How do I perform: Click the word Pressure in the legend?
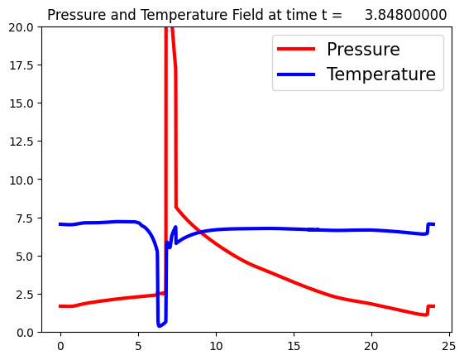pyautogui.click(x=363, y=50)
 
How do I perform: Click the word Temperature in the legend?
pyautogui.click(x=381, y=74)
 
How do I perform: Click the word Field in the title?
pyautogui.click(x=244, y=15)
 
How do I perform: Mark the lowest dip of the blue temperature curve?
pyautogui.click(x=159, y=326)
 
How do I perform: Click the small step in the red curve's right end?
pyautogui.click(x=427, y=311)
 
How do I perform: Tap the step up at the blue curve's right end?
pyautogui.click(x=427, y=228)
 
